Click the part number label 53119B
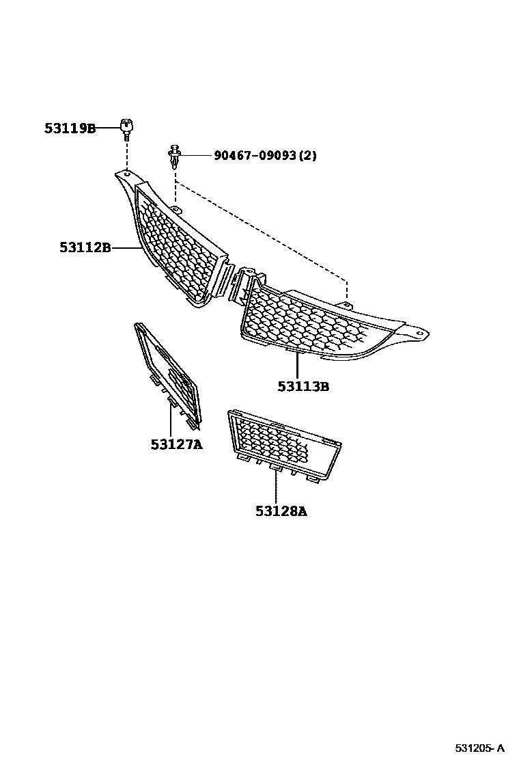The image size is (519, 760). pos(70,128)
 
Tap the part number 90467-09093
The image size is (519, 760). pos(255,156)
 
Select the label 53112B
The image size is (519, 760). pos(85,248)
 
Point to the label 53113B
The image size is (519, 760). pos(303,387)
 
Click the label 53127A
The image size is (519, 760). pos(177,445)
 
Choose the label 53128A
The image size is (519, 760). pos(281,511)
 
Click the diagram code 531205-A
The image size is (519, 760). pos(481,746)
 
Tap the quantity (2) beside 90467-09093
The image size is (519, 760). pos(308,156)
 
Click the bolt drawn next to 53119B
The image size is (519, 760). pos(126,128)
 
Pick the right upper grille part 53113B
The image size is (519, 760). pos(314,321)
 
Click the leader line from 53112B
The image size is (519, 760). pos(127,248)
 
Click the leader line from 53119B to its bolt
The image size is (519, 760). pos(109,128)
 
